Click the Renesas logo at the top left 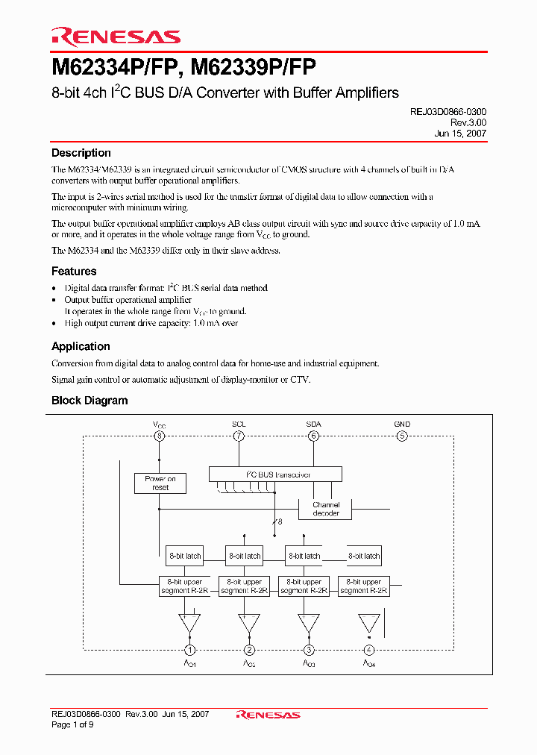[x=116, y=36]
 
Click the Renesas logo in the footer [x=268, y=715]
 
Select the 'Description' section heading [x=81, y=153]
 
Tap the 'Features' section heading [x=74, y=272]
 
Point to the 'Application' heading [x=81, y=346]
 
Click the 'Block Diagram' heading [x=89, y=401]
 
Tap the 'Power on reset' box [x=160, y=483]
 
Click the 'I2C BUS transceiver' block [x=275, y=474]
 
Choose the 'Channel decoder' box [x=326, y=509]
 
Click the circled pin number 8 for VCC [x=159, y=436]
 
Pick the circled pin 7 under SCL [x=239, y=436]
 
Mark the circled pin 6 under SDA [x=313, y=436]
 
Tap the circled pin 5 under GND [x=402, y=436]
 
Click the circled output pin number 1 [x=190, y=650]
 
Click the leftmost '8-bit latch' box [x=184, y=555]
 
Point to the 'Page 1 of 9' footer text [x=72, y=724]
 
